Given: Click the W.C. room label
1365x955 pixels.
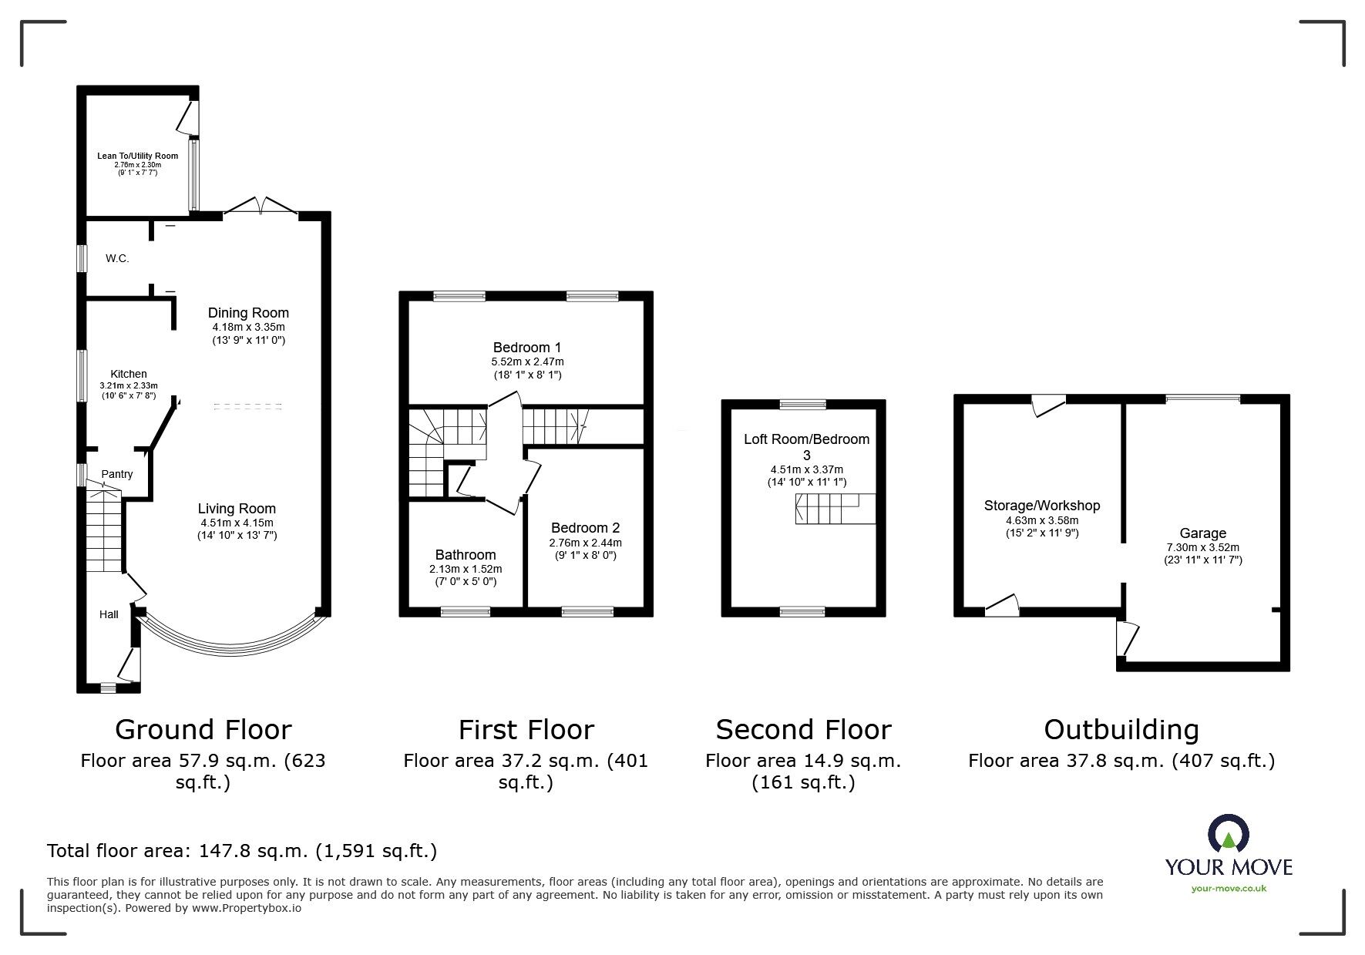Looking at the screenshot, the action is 117,258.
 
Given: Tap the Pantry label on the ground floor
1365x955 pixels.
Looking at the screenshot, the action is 117,474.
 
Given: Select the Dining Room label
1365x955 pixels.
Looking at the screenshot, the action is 248,312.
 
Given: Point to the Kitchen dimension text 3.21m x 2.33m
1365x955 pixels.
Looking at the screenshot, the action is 129,385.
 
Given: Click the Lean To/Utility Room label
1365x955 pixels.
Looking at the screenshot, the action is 137,156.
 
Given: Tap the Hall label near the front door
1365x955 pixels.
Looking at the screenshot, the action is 109,614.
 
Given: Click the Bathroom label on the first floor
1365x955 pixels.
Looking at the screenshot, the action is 466,554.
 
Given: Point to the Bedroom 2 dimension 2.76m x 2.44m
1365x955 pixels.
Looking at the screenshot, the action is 585,543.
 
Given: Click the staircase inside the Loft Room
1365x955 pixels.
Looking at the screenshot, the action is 835,509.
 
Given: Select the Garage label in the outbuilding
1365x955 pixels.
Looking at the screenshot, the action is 1202,533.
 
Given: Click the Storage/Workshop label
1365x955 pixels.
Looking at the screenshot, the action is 1042,506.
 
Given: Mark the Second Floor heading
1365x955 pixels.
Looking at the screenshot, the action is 803,729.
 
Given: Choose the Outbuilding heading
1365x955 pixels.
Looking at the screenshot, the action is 1121,729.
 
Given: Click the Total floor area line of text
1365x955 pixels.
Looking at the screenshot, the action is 242,851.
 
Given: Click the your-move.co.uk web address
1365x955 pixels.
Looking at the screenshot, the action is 1229,888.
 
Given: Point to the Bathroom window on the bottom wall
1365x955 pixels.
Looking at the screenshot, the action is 466,612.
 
